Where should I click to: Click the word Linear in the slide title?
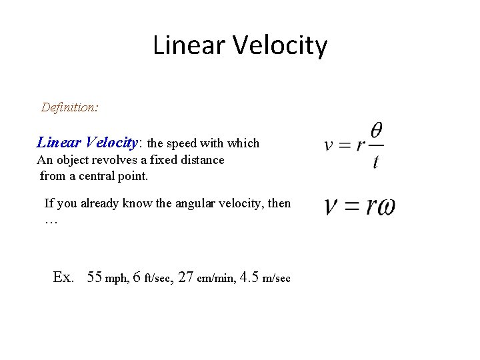click(183, 45)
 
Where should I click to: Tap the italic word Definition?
click(70, 107)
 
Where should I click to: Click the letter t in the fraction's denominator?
click(376, 162)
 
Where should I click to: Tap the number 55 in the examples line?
click(95, 277)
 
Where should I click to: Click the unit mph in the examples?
click(117, 279)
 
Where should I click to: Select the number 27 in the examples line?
click(187, 277)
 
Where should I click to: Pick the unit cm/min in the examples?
click(216, 279)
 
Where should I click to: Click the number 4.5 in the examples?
click(251, 277)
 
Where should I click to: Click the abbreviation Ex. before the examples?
click(63, 277)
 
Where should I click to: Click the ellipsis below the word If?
click(51, 220)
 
